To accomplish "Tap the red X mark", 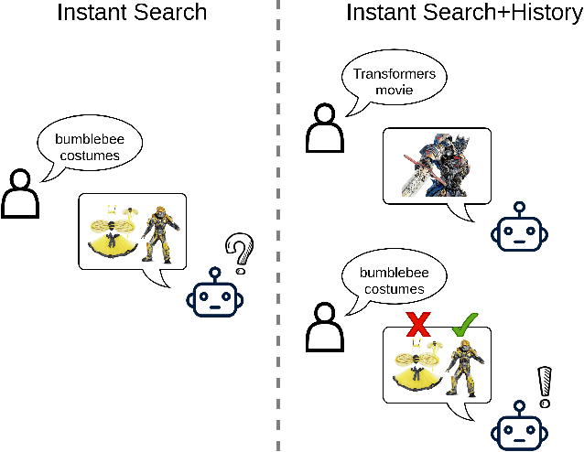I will (419, 325).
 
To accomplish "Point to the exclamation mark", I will (546, 385).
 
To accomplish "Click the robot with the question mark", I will (213, 296).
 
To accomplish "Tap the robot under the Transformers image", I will (520, 232).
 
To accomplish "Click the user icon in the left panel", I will (22, 191).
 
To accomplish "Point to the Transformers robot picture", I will (437, 165).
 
